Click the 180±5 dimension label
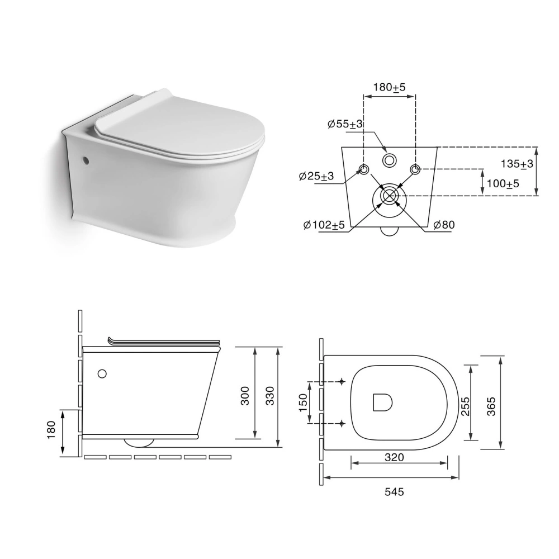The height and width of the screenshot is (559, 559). click(389, 87)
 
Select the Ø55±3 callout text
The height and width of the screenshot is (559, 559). click(345, 124)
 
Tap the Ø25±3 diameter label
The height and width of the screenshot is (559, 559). click(316, 176)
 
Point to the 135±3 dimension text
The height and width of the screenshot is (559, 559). click(517, 164)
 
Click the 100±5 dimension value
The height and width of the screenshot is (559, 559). click(503, 183)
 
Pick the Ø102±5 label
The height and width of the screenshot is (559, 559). click(324, 225)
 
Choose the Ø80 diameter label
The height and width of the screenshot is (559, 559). click(444, 225)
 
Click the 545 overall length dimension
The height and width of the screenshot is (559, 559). click(394, 492)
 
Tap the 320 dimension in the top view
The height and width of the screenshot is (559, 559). click(394, 457)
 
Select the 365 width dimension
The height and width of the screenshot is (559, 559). click(491, 406)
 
